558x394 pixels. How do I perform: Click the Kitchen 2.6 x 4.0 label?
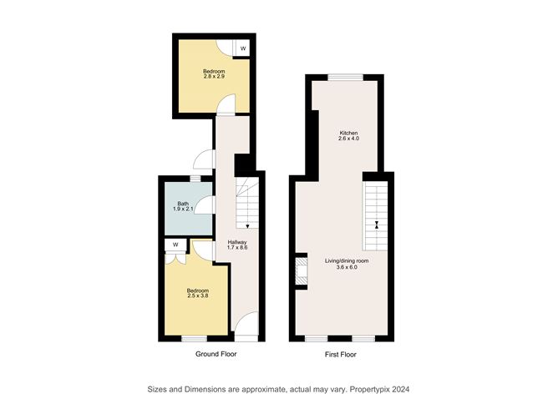(348, 136)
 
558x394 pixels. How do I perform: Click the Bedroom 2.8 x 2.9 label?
(214, 74)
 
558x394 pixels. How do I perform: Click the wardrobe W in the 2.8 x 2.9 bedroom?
(243, 49)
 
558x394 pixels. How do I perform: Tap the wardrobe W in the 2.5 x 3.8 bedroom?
(176, 245)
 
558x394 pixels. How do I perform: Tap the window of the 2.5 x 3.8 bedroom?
(195, 338)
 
